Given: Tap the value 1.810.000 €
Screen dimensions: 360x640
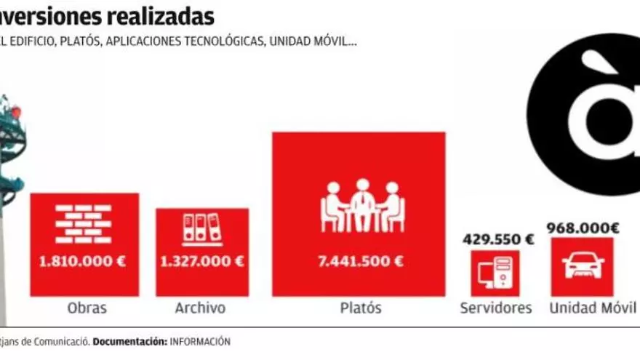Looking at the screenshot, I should (84, 261).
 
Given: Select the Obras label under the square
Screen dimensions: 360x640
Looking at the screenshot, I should (87, 308).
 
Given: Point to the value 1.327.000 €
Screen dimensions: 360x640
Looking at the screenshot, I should (202, 261).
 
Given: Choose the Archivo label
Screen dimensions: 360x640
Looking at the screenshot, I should (200, 308).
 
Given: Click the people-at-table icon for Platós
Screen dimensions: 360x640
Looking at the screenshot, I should (361, 207).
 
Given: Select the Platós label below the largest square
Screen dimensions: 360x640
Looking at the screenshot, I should (361, 308).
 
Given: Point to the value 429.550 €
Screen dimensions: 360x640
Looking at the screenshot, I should (498, 239).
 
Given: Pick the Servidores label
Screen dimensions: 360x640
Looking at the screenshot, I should (496, 308).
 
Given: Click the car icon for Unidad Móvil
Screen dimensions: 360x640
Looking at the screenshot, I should (583, 266).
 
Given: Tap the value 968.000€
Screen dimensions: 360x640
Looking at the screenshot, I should (583, 228).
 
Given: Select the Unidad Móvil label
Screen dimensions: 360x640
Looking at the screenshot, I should (592, 308).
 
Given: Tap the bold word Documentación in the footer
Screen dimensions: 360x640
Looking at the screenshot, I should (130, 341).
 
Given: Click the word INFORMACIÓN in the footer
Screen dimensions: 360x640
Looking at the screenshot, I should (200, 341).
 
